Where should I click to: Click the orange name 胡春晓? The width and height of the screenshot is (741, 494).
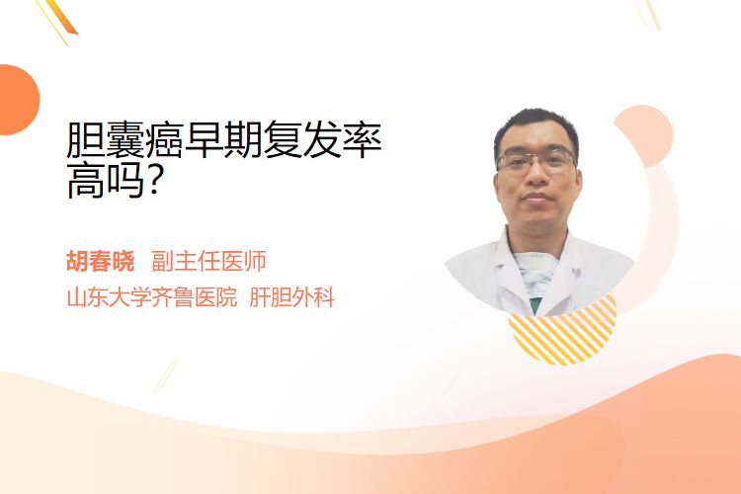click(100, 261)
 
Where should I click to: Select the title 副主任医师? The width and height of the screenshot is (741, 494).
click(208, 261)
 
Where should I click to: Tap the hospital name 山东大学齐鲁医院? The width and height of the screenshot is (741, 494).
click(152, 297)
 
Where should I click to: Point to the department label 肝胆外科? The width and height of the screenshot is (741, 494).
click(292, 297)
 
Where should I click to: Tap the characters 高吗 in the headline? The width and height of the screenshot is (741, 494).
click(106, 180)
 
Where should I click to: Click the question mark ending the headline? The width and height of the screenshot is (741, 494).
click(152, 180)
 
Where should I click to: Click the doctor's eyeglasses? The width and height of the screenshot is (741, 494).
click(536, 161)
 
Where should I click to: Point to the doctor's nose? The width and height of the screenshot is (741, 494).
click(536, 176)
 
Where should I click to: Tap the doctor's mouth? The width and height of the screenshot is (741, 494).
click(536, 198)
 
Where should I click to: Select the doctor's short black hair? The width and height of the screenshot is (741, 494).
click(535, 127)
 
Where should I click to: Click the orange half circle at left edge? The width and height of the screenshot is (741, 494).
click(19, 100)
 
